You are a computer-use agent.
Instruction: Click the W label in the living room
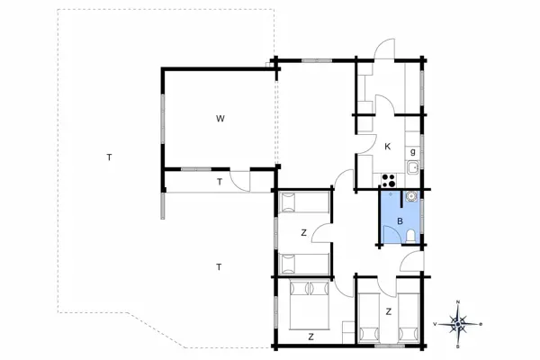(220, 118)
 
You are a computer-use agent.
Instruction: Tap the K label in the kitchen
(387, 146)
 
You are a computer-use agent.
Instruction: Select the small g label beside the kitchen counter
(412, 151)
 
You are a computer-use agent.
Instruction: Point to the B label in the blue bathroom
(400, 220)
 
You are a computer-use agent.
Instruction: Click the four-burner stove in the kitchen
(390, 178)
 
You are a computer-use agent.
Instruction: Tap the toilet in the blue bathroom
(410, 236)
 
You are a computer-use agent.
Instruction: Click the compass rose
(459, 322)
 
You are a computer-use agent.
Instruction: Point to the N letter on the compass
(459, 301)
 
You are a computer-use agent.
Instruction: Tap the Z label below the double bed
(310, 337)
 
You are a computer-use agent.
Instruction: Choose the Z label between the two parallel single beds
(388, 311)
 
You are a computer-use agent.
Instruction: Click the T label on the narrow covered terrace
(219, 182)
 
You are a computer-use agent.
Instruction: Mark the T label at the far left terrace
(109, 157)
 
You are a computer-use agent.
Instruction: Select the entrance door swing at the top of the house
(384, 50)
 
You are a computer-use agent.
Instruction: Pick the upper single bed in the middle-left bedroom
(302, 202)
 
